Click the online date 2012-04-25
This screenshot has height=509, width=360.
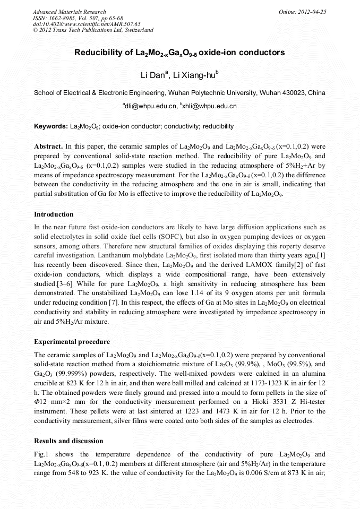pos(311,12)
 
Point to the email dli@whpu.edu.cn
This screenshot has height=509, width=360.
pos(150,106)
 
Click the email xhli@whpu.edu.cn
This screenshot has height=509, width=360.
pos(210,106)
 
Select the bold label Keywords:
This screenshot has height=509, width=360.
pos(50,127)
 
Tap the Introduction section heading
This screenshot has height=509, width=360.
pos(54,214)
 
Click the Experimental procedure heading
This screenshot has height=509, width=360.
pos(72,341)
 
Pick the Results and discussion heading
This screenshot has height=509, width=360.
pos(68,441)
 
